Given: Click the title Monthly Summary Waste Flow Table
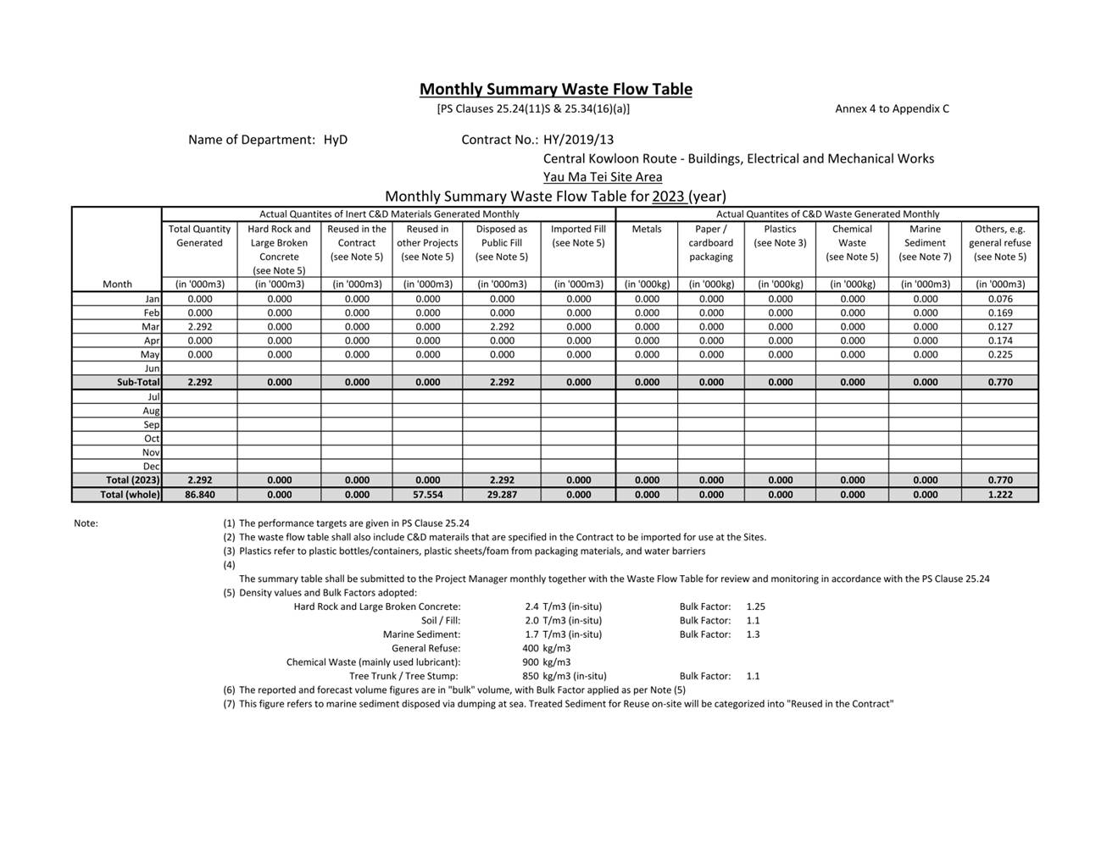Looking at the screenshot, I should click(555, 89).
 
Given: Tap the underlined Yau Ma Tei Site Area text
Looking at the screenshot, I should click(603, 177).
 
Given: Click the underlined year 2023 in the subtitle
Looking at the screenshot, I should click(668, 197).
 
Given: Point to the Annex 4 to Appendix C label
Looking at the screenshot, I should click(892, 108).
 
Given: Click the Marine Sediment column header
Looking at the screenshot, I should click(925, 242).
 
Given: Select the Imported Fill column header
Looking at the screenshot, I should click(578, 235).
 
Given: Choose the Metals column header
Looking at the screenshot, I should click(647, 229).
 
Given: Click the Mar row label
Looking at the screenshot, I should click(151, 327).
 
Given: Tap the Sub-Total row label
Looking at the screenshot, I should click(138, 382).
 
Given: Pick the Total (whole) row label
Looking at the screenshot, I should click(130, 495).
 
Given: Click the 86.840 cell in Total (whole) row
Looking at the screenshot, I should click(200, 495).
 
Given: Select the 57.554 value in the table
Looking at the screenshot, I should click(427, 495).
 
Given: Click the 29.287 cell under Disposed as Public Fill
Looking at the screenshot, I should click(502, 495).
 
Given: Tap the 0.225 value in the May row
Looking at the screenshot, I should click(1000, 355).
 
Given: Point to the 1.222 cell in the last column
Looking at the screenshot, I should click(1000, 495).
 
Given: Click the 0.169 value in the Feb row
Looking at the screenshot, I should click(1000, 313).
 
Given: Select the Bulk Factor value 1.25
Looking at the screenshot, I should click(755, 606).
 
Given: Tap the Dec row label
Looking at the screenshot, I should click(151, 467).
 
